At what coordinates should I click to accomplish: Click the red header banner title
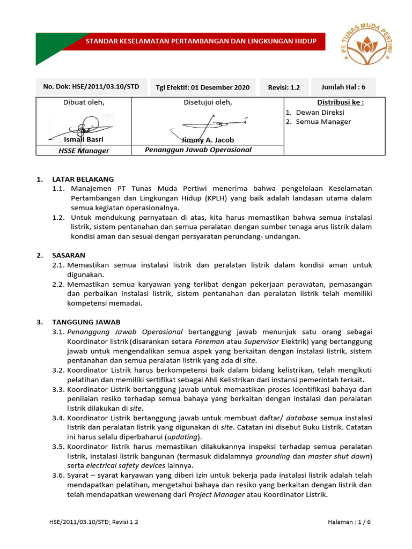click(x=202, y=41)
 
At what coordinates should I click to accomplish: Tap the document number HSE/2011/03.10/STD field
click(x=91, y=87)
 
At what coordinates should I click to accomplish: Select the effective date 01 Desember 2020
click(x=203, y=87)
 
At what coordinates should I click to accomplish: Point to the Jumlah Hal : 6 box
click(x=343, y=87)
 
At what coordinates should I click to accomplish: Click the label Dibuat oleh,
click(x=84, y=102)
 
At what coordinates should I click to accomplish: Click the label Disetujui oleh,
click(x=208, y=102)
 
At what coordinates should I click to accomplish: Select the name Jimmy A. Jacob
click(x=208, y=140)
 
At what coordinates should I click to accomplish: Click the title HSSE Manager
click(x=84, y=151)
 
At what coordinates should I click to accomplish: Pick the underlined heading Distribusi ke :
click(x=340, y=102)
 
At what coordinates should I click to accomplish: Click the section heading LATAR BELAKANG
click(x=83, y=179)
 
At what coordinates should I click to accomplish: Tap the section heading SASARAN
click(x=69, y=255)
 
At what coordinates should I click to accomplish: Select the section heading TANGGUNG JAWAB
click(x=86, y=322)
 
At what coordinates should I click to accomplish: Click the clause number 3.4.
click(x=58, y=418)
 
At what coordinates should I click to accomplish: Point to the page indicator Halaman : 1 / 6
click(x=349, y=522)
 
